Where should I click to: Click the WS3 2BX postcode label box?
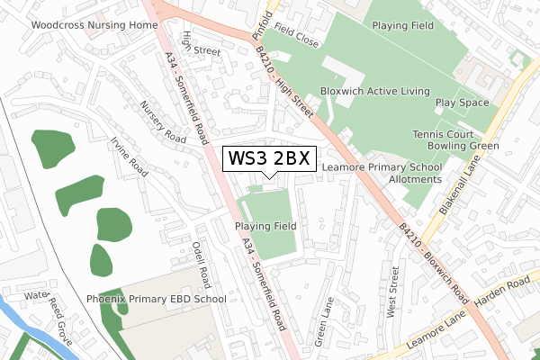coord(269,158)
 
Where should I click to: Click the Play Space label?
coord(463,103)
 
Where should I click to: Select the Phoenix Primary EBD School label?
coord(156,299)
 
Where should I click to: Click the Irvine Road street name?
coord(127,156)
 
